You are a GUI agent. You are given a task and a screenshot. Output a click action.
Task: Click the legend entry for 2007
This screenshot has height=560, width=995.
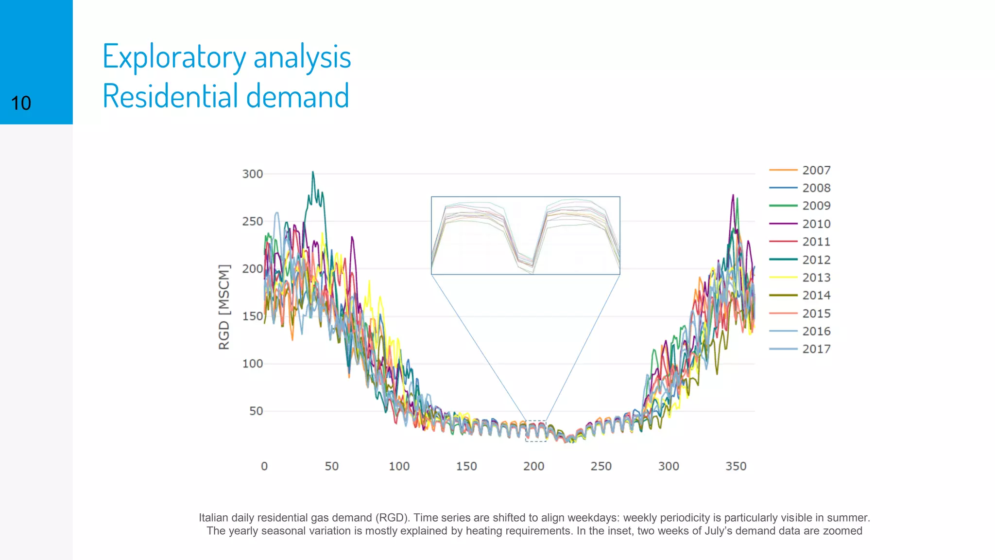point(816,170)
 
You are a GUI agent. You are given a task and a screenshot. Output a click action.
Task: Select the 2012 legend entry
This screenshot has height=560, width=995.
point(816,260)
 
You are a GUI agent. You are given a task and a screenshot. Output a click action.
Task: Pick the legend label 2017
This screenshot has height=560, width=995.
point(816,349)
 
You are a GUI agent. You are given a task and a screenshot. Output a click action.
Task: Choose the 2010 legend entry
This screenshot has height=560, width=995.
point(816,224)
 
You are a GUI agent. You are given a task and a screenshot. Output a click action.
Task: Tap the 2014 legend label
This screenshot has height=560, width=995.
point(816,296)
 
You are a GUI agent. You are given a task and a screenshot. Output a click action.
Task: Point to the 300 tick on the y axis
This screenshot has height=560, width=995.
point(253,174)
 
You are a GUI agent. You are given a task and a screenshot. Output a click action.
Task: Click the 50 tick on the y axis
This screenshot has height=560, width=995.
point(256,411)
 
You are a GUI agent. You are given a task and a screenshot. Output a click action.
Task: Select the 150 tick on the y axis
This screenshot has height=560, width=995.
point(253,316)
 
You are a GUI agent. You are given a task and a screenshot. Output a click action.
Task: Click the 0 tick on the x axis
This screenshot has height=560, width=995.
point(264,466)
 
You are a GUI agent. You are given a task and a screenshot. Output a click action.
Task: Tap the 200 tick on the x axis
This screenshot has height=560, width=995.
point(533,466)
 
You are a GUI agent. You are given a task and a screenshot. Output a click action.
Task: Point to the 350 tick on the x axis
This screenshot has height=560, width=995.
point(736,466)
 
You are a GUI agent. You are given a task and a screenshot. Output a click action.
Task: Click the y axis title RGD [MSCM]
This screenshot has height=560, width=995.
point(223,307)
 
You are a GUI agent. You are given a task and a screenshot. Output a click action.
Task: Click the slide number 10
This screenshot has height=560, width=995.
point(21,104)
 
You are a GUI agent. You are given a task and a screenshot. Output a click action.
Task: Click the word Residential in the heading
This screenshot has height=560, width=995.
point(170,96)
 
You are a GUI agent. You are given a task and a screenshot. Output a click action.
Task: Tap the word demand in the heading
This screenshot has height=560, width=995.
point(297,96)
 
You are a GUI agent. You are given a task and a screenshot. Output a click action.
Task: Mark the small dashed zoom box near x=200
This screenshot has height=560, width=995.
point(536,431)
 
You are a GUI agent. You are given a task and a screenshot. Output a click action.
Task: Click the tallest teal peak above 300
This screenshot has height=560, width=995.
point(313,172)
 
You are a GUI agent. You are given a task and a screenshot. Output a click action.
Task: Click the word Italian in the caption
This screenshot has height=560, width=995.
point(213,518)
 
